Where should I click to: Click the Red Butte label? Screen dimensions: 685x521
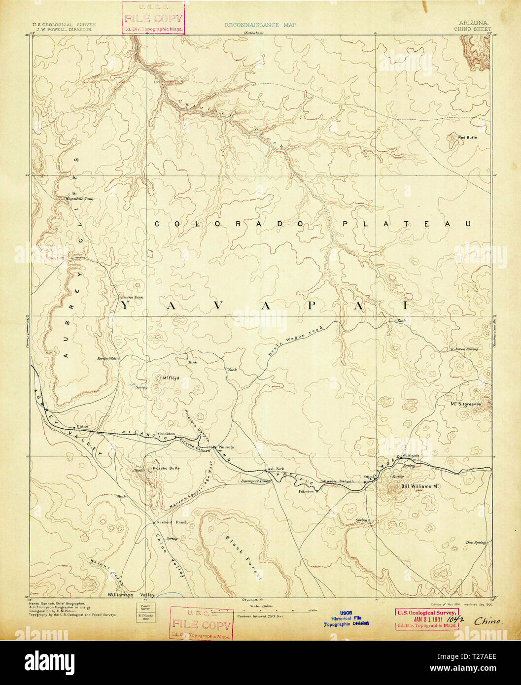[x=467, y=137]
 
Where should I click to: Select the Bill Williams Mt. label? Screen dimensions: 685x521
[x=420, y=486]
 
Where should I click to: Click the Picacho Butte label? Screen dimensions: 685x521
[x=166, y=468]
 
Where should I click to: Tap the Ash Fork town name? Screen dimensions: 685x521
[x=276, y=469]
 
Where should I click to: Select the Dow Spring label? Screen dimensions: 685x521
[x=475, y=543]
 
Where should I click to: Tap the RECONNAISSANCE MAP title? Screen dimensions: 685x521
[x=260, y=25]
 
